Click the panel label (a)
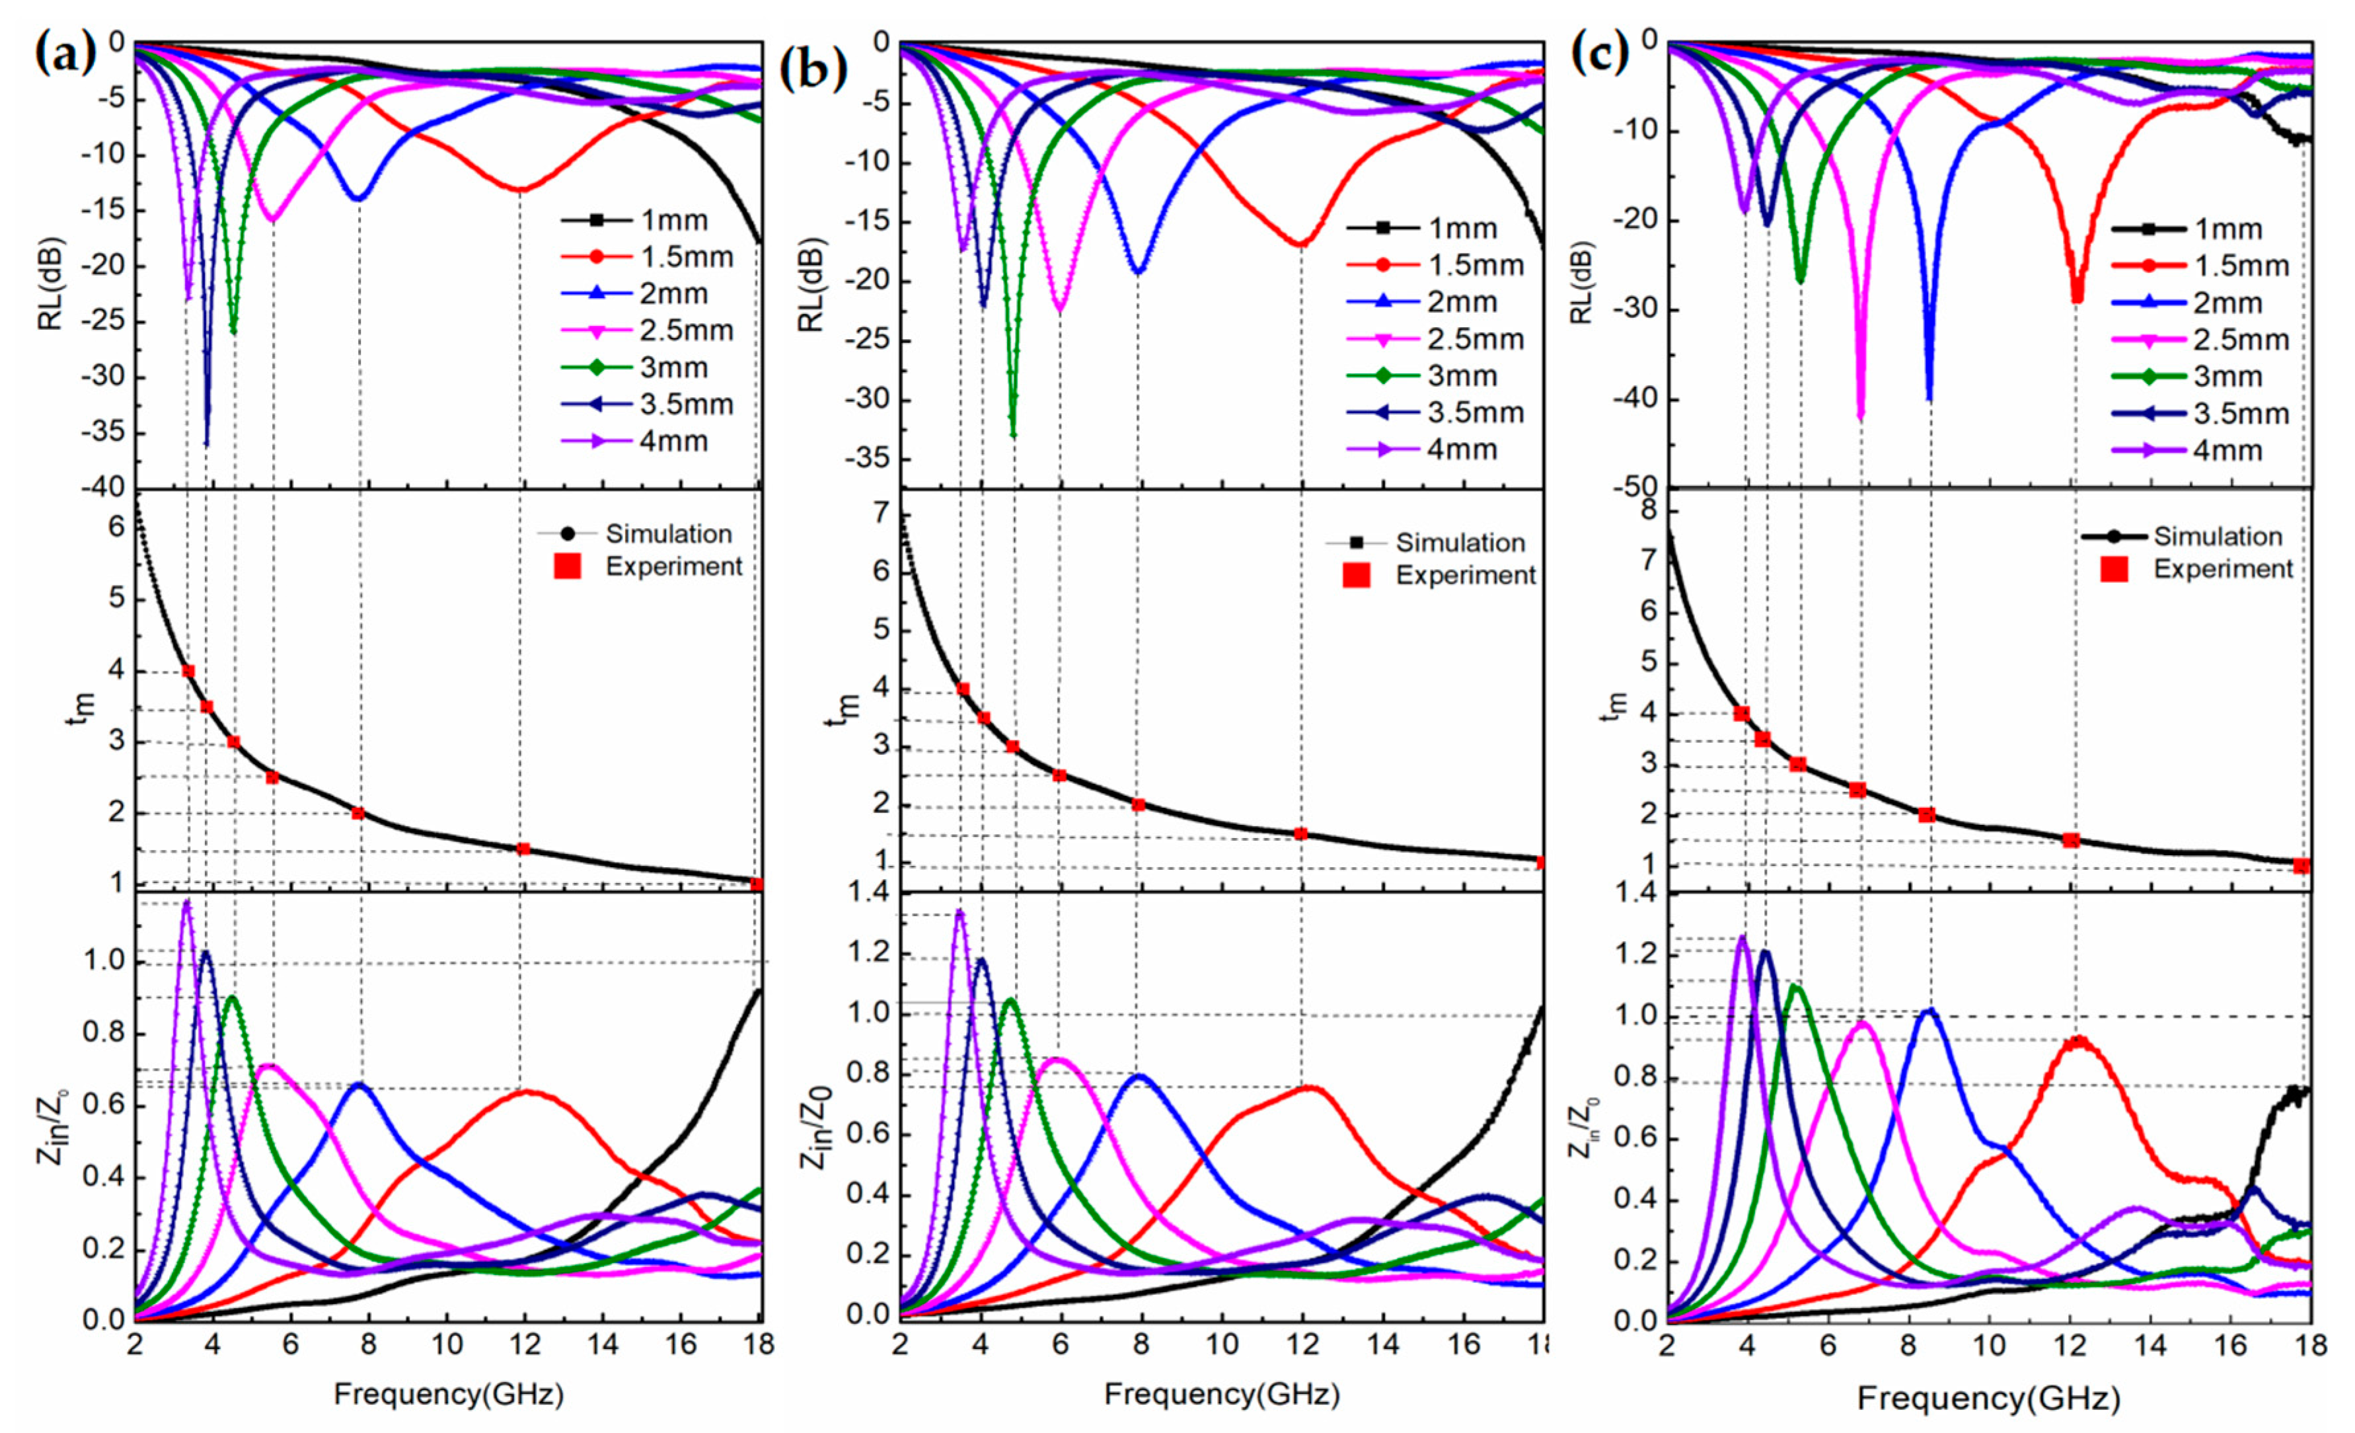(x=65, y=54)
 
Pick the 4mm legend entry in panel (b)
(x=1462, y=449)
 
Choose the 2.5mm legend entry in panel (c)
(x=2241, y=339)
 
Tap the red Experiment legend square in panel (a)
(x=568, y=567)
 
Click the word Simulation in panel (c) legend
(x=2218, y=536)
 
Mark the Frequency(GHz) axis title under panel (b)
(x=1222, y=1395)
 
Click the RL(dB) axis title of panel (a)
(x=50, y=282)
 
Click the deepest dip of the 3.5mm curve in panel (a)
(x=206, y=444)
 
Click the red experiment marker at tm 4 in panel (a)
(x=188, y=671)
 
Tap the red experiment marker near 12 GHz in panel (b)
(x=1300, y=833)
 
